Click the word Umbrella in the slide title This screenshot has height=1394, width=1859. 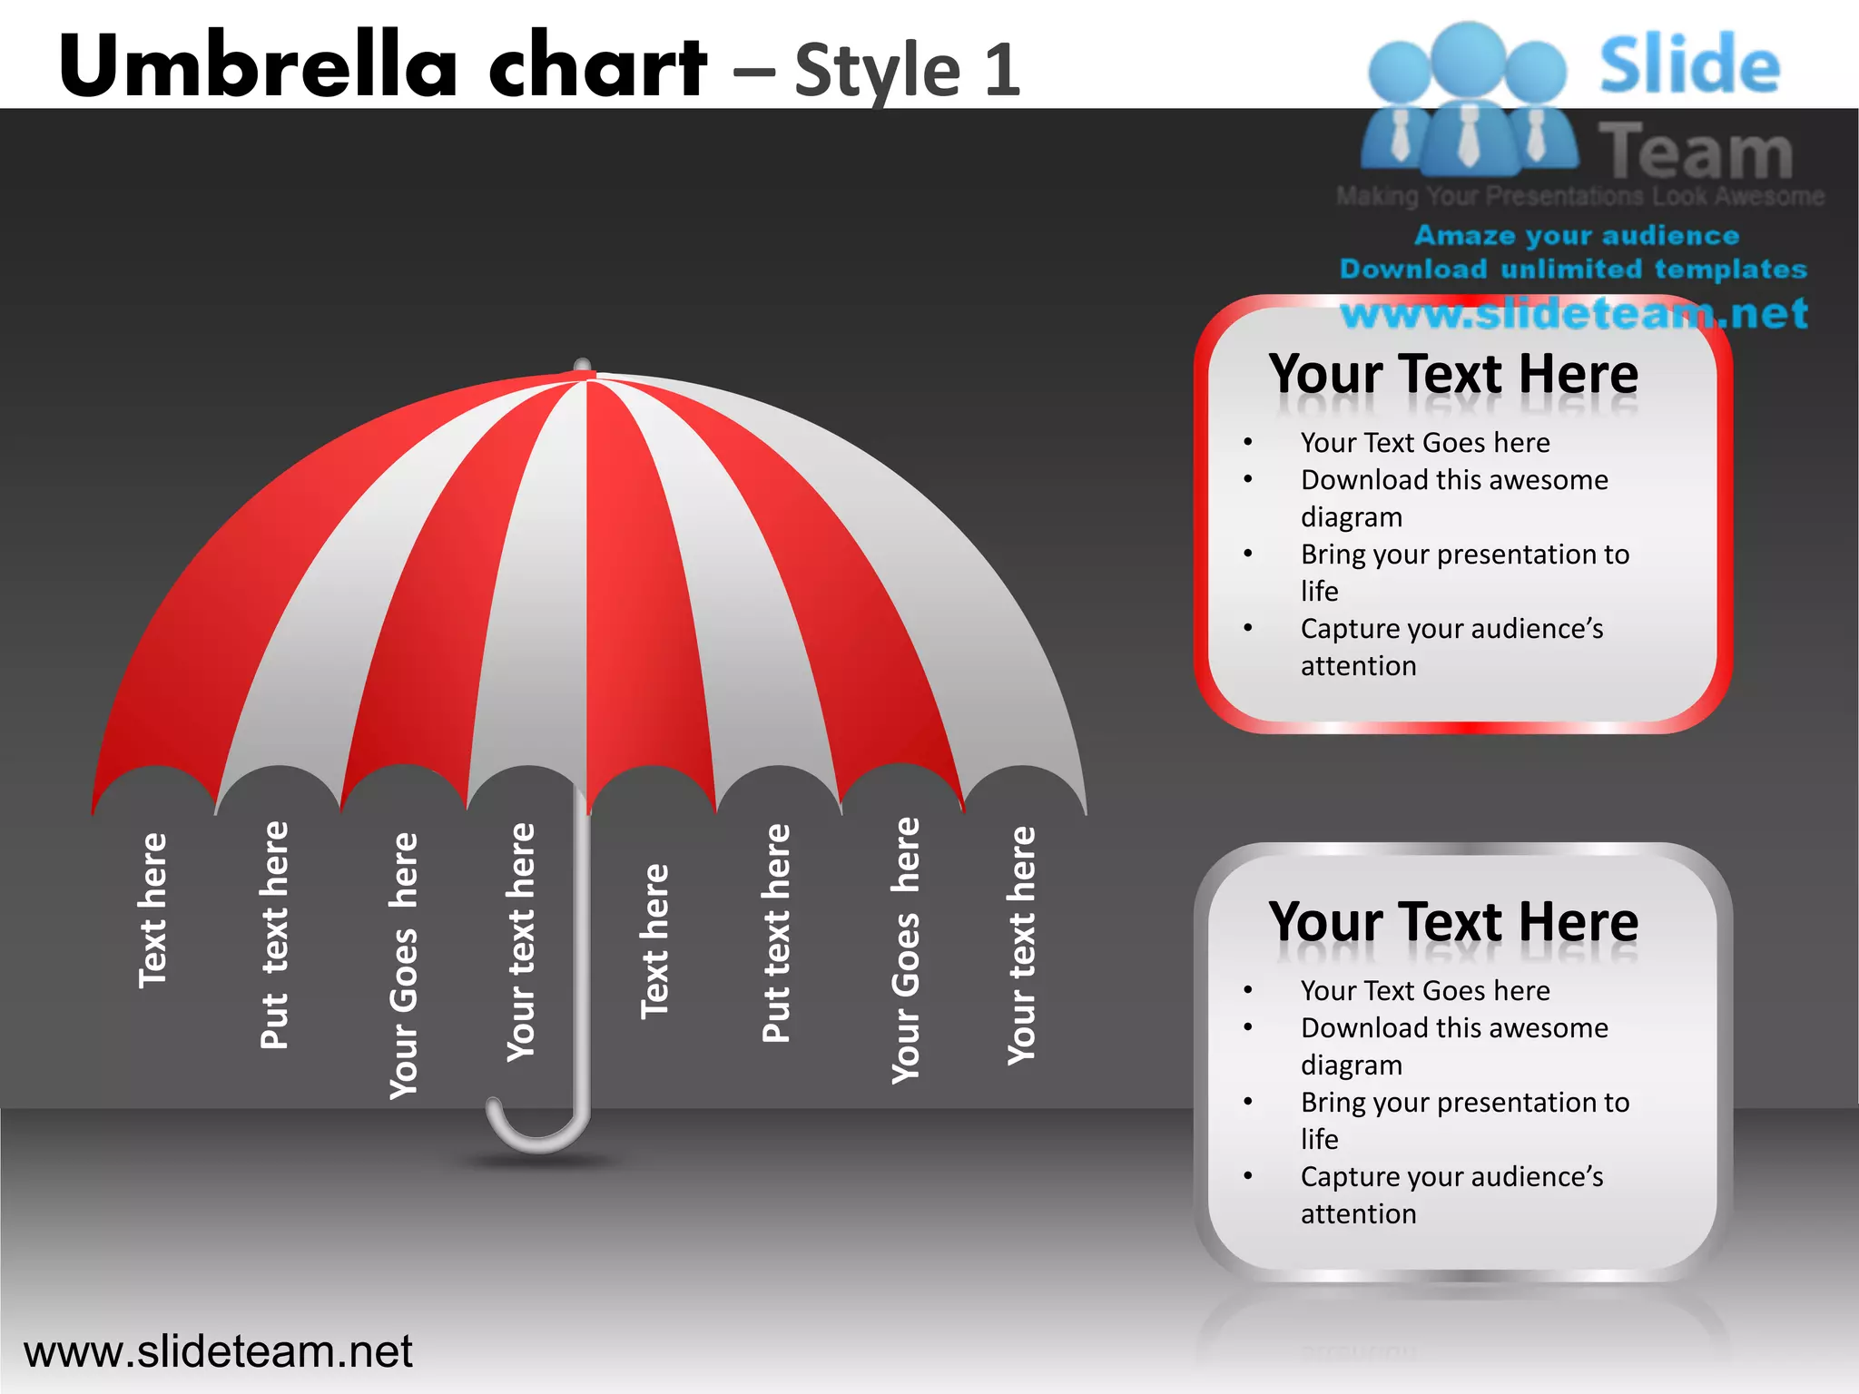(259, 65)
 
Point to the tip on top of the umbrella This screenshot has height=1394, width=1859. (583, 366)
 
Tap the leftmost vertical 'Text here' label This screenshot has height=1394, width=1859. (152, 910)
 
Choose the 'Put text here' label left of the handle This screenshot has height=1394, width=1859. (274, 935)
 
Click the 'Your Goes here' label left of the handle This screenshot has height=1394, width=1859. (404, 965)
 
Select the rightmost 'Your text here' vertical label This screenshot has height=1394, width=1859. (1021, 945)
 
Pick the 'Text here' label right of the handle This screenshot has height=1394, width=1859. (654, 941)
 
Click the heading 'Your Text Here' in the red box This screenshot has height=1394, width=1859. (1453, 374)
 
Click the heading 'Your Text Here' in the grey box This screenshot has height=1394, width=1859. (1453, 922)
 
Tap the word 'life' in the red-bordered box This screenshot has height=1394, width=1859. (1319, 592)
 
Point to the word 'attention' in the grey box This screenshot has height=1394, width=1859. (1358, 1214)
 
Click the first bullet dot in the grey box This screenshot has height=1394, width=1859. (1248, 990)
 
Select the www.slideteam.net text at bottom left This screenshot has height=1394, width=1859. (218, 1351)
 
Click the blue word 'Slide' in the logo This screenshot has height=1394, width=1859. (1689, 65)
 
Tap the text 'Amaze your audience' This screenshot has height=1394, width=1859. (1577, 236)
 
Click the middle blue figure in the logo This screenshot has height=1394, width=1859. (1468, 100)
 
